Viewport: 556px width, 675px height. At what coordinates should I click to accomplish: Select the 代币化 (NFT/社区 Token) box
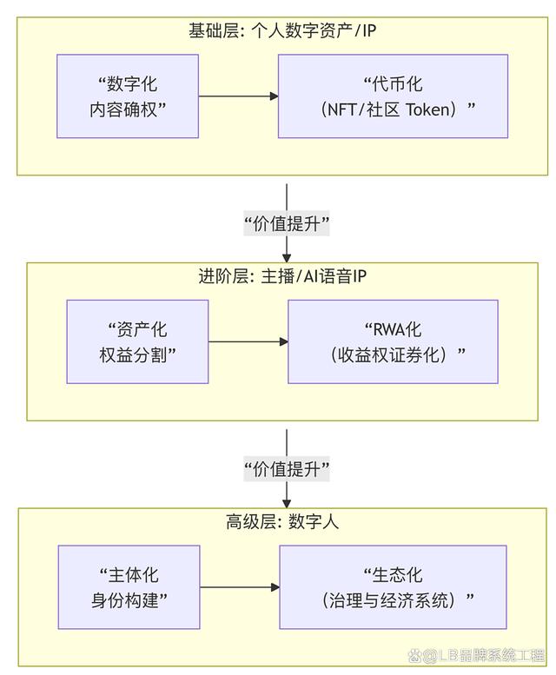(x=393, y=96)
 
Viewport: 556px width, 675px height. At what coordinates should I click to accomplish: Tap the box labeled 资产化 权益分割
(x=137, y=341)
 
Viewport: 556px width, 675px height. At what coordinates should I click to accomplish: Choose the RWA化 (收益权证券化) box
(x=393, y=341)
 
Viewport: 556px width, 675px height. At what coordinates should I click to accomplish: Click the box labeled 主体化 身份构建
(x=128, y=587)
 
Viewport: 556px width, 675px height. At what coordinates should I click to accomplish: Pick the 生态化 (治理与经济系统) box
(x=393, y=587)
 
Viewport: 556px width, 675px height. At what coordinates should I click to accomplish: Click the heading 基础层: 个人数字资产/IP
(x=282, y=30)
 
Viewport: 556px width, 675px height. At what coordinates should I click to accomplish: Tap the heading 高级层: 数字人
(x=282, y=522)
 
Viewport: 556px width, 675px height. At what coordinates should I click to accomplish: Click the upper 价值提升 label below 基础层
(x=287, y=223)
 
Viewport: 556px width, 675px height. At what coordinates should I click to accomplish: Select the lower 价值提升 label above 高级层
(x=287, y=469)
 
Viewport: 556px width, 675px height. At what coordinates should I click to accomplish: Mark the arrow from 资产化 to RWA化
(x=248, y=341)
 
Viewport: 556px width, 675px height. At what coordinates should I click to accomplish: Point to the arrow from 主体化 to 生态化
(x=239, y=587)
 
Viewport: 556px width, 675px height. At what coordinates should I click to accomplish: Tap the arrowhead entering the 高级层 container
(x=287, y=501)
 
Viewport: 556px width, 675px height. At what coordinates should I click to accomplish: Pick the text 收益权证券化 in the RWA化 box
(x=393, y=354)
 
